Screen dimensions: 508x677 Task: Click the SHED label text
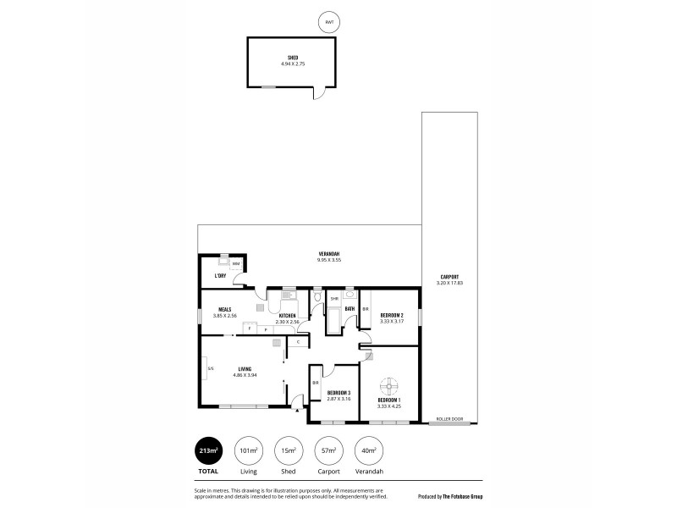point(292,58)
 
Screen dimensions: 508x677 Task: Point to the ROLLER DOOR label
point(449,419)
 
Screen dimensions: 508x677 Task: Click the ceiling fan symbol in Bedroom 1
point(389,384)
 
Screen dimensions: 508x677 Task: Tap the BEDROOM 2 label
point(391,315)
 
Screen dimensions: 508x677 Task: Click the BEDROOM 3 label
point(338,393)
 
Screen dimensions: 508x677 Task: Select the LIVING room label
point(245,368)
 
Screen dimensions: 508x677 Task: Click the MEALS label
point(225,309)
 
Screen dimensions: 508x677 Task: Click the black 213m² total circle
point(208,450)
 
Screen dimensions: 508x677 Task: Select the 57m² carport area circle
point(329,450)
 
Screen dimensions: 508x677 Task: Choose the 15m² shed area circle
point(289,450)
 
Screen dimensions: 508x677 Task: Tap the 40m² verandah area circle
point(369,450)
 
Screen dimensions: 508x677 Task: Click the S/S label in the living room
point(210,368)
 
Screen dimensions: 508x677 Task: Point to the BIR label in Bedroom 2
point(366,309)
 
